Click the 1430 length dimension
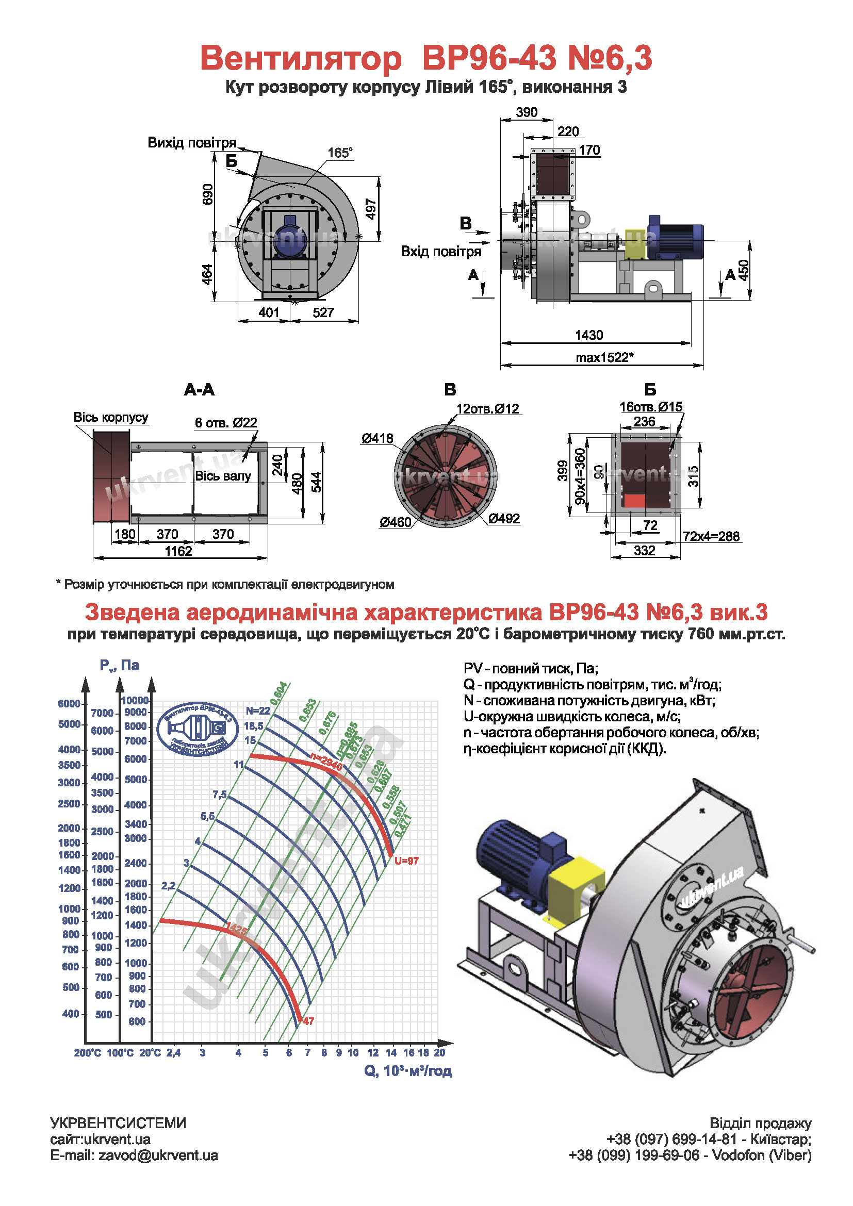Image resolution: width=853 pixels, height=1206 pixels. (589, 335)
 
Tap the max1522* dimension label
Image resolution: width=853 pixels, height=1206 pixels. (604, 358)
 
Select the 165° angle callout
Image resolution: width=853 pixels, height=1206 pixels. (340, 153)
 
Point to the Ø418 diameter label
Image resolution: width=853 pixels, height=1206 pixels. (377, 438)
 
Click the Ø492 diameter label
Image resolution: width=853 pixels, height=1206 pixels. (504, 518)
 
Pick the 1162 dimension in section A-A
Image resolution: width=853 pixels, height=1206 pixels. (178, 551)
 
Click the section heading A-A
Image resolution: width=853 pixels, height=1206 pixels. (199, 389)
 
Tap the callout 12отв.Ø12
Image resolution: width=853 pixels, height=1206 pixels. (487, 409)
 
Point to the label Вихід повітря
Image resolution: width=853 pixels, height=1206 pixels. (192, 143)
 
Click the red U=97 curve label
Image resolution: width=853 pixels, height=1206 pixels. (406, 861)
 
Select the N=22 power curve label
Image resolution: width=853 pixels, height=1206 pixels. (258, 711)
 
